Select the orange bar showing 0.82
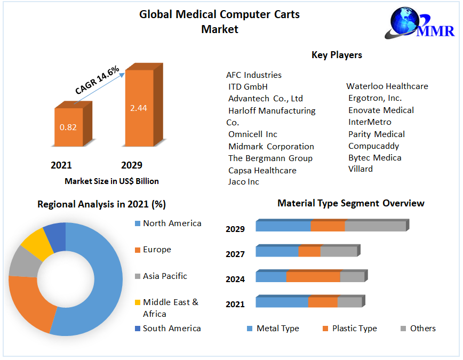[68, 127]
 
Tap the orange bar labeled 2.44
[139, 108]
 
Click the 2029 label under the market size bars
[132, 165]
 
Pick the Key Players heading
[337, 55]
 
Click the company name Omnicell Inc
[253, 134]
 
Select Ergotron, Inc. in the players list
[375, 98]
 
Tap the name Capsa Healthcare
[262, 171]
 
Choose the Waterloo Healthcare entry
[387, 86]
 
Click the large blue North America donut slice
[96, 277]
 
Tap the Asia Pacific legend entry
[165, 276]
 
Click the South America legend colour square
[138, 329]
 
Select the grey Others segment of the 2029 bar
[375, 226]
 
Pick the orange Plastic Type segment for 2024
[313, 277]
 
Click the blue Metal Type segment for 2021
[282, 302]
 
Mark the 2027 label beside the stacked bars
[235, 254]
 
